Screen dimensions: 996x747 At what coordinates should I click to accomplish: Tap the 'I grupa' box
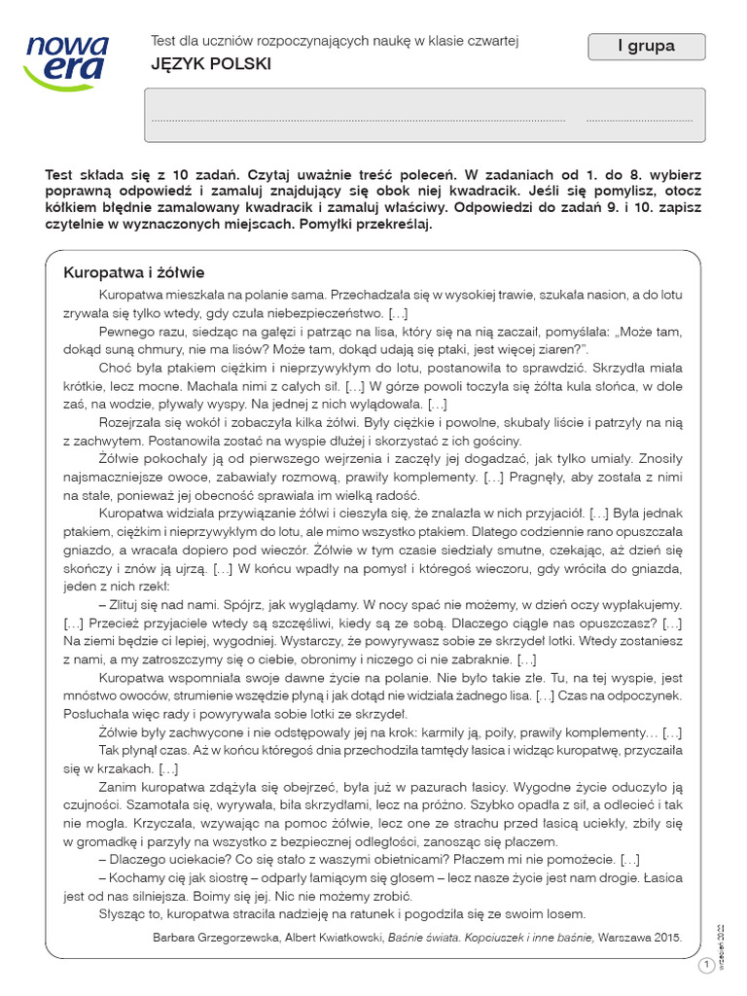(645, 46)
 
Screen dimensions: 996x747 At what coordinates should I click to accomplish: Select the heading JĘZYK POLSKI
(211, 64)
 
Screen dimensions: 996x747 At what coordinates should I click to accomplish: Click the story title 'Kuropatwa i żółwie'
(133, 271)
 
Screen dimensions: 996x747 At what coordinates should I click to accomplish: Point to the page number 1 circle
(706, 965)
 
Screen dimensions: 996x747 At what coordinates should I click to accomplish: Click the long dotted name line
(359, 120)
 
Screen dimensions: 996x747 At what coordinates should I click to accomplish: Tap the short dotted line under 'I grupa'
(639, 120)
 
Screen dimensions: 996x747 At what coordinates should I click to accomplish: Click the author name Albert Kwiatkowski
(337, 938)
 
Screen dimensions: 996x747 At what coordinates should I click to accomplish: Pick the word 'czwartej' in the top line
(492, 40)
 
